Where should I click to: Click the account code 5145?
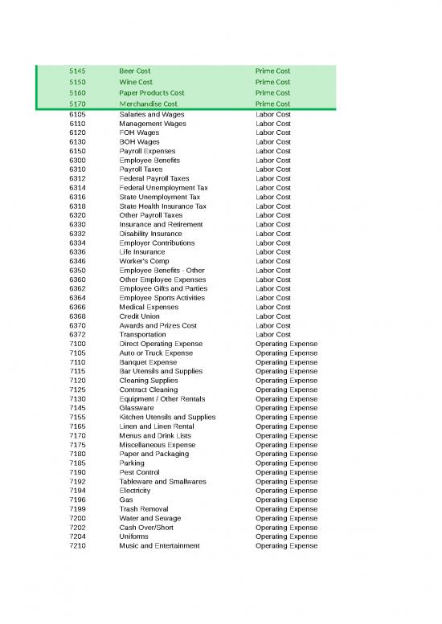(x=78, y=71)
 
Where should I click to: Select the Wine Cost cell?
(x=136, y=82)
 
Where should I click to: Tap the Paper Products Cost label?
(x=152, y=93)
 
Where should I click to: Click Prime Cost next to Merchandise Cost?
(x=272, y=104)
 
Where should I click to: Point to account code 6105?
(x=78, y=115)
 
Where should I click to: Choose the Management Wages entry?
(x=153, y=124)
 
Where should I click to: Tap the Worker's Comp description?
(x=143, y=261)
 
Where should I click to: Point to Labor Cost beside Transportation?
(x=272, y=335)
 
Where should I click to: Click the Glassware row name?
(x=137, y=408)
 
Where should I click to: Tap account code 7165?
(x=78, y=426)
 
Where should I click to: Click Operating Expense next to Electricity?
(x=286, y=491)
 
